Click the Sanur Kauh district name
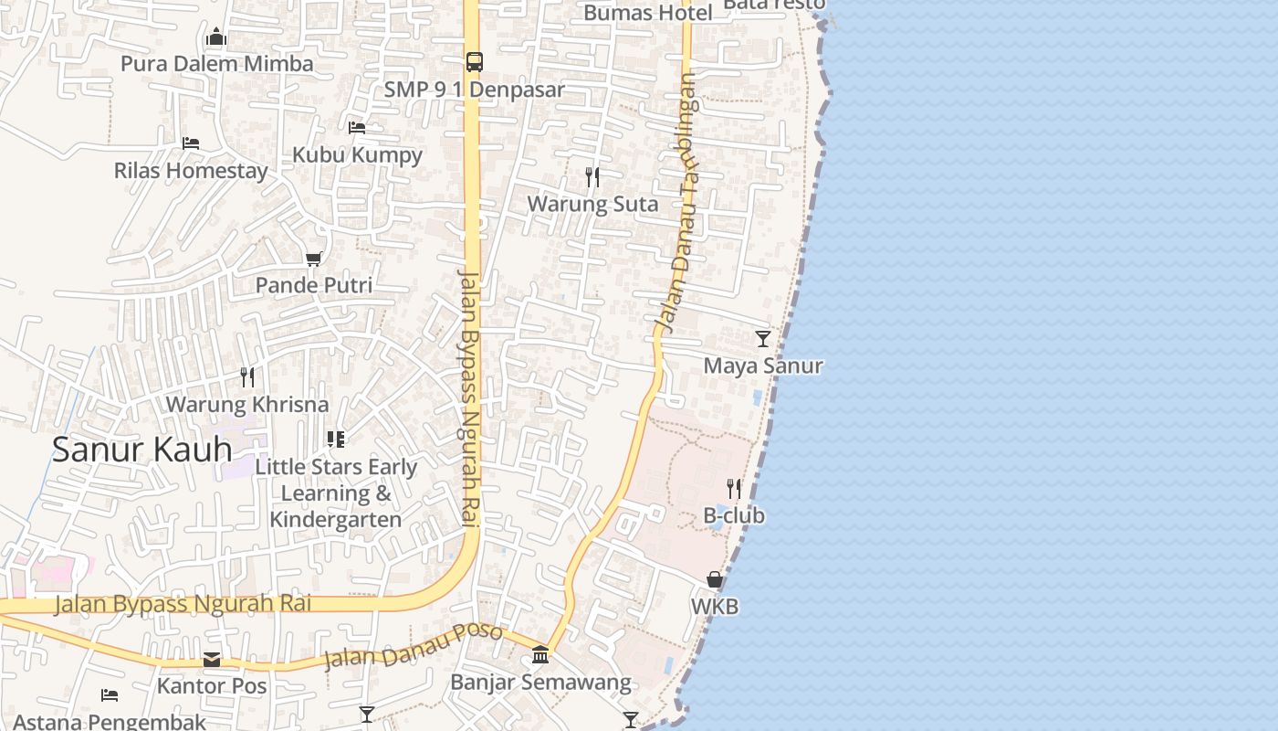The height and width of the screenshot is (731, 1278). tap(141, 450)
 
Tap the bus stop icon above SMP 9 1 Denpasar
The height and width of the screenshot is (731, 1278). tap(475, 62)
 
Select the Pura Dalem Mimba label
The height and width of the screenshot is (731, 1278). tap(216, 64)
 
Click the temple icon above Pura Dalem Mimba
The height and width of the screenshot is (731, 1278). tap(216, 37)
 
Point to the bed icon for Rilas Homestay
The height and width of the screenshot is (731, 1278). tap(191, 143)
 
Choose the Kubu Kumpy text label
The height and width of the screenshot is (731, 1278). tap(357, 154)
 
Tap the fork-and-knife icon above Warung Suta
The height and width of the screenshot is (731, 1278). tap(592, 176)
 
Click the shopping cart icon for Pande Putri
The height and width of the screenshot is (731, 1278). tap(313, 260)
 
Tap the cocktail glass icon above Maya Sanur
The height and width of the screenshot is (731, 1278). tap(763, 339)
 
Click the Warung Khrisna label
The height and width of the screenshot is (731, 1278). tap(246, 404)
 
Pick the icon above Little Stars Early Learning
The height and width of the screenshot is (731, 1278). tap(336, 440)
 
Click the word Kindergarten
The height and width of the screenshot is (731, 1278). tap(336, 520)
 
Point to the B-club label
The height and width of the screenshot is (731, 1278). tap(734, 515)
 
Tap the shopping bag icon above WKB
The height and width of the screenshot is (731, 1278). tap(715, 580)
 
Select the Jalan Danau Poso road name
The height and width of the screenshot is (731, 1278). tap(413, 647)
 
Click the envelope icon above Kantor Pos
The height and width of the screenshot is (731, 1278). tap(212, 659)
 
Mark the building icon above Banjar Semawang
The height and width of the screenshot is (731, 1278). tap(540, 655)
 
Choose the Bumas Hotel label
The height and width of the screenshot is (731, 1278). tap(648, 13)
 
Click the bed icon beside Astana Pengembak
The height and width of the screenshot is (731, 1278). tap(110, 695)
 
